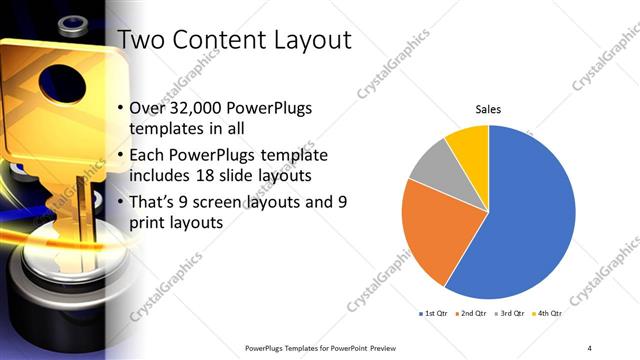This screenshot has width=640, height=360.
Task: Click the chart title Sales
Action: coord(488,109)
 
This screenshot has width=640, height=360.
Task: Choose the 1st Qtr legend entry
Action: coord(433,314)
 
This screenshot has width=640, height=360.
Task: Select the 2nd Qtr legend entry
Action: coord(471,314)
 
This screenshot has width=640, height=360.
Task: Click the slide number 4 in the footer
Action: coord(590,347)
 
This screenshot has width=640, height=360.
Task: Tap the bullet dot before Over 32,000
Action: coord(121,109)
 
